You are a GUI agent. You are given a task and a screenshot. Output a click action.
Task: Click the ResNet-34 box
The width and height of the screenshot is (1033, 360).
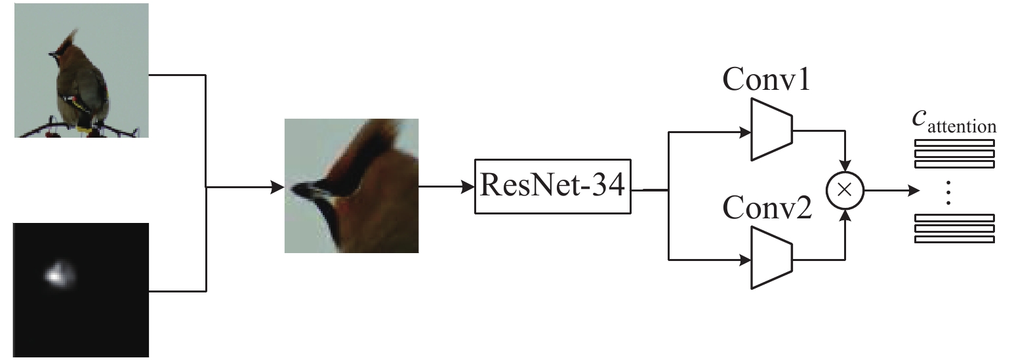coord(553,187)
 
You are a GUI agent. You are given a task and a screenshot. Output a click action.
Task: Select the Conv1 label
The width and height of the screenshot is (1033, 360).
coord(766,79)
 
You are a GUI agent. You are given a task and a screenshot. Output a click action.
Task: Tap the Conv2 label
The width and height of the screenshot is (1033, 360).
coord(767,207)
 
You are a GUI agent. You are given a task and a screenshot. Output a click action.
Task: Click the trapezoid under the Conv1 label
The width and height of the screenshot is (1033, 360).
coord(771,130)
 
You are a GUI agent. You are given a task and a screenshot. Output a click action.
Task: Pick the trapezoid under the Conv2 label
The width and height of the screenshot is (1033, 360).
coord(771,258)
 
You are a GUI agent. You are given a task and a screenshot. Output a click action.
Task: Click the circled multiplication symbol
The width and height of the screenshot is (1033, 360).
coord(845,190)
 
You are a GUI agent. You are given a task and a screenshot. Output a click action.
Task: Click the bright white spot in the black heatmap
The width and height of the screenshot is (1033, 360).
coord(57,274)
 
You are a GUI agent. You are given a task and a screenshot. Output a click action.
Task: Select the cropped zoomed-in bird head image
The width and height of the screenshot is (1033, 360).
coord(352,186)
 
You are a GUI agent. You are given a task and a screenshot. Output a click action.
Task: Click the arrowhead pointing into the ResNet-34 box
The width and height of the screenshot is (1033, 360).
coord(468,187)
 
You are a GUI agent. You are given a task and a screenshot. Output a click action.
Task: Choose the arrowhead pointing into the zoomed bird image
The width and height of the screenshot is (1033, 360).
coord(277,187)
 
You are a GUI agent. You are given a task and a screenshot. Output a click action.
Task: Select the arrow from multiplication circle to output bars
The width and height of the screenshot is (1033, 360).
coord(892,190)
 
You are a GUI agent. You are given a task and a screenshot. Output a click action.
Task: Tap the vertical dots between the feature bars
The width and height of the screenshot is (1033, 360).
coord(948,193)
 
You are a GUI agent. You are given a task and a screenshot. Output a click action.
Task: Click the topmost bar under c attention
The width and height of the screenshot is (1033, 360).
coord(954,144)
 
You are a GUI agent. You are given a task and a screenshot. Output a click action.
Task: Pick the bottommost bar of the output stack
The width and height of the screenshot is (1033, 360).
coord(954,240)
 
